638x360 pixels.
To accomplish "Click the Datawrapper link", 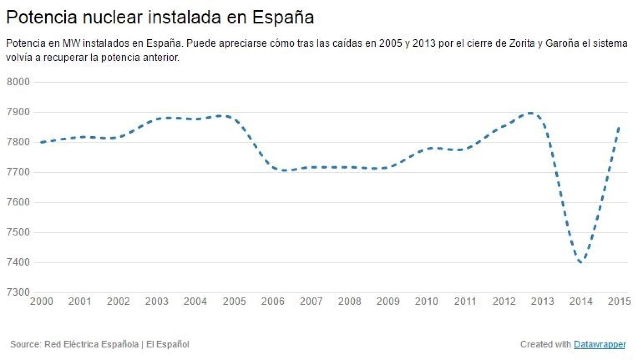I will coord(599,344).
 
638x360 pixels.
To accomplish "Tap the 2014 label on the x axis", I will coord(581,301).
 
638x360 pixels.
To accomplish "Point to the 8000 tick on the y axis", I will coord(18,82).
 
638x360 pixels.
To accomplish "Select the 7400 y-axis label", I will coord(18,262).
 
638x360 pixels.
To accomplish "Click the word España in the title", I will coord(283,17).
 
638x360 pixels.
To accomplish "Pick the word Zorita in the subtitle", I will coord(522,43).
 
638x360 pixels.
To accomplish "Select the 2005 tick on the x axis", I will coord(234,301).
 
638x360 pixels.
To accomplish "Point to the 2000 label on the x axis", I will coord(42,301).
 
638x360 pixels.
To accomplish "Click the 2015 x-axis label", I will coord(619,301).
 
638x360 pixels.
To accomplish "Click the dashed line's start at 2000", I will coord(41,142).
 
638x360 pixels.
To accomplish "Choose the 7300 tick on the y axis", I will coord(18,292).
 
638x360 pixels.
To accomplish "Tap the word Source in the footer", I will coord(25,344).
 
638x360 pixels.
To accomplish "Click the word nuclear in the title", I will coord(113,17).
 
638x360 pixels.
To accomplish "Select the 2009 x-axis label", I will coord(388,301).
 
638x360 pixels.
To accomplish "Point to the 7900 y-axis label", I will coord(18,112).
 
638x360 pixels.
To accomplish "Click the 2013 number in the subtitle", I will coord(424,43).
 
